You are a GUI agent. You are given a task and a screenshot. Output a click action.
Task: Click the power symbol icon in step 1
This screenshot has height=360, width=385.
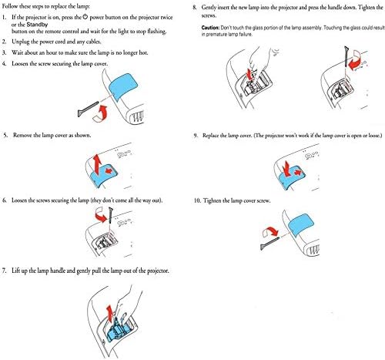coord(85,17)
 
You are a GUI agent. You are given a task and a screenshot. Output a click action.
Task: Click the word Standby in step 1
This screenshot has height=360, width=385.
coord(37,25)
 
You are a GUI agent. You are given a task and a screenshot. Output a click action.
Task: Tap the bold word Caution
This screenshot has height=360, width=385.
coord(210,28)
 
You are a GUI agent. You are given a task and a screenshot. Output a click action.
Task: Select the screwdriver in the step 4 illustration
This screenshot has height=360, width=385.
coord(89,109)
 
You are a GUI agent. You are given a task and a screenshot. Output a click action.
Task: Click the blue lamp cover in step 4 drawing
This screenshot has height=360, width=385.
coord(123,87)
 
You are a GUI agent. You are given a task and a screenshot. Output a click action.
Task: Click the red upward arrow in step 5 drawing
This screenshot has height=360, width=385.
coord(97,164)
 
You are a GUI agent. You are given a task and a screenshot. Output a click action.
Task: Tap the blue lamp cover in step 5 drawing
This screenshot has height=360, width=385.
coord(105,175)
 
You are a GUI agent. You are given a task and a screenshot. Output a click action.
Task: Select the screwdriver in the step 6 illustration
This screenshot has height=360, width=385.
coord(111,215)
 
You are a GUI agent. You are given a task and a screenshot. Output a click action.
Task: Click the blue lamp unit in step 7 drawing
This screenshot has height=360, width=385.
coord(116,331)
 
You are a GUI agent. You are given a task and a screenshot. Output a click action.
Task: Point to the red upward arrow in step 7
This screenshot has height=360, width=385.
coord(109,314)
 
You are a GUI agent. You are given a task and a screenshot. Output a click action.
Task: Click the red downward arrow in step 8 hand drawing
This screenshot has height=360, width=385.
coord(249,74)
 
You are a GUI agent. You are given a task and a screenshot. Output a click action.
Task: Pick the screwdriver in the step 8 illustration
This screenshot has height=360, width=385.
coord(346,56)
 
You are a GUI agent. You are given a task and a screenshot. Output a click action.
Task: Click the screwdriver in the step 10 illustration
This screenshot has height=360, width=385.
coord(269,244)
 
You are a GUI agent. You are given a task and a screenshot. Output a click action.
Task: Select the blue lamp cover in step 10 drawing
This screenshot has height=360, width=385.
coord(301,225)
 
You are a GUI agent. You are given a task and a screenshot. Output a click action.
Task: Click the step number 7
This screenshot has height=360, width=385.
coord(4,271)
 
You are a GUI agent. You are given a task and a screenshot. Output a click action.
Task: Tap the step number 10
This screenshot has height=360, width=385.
coord(197,200)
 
